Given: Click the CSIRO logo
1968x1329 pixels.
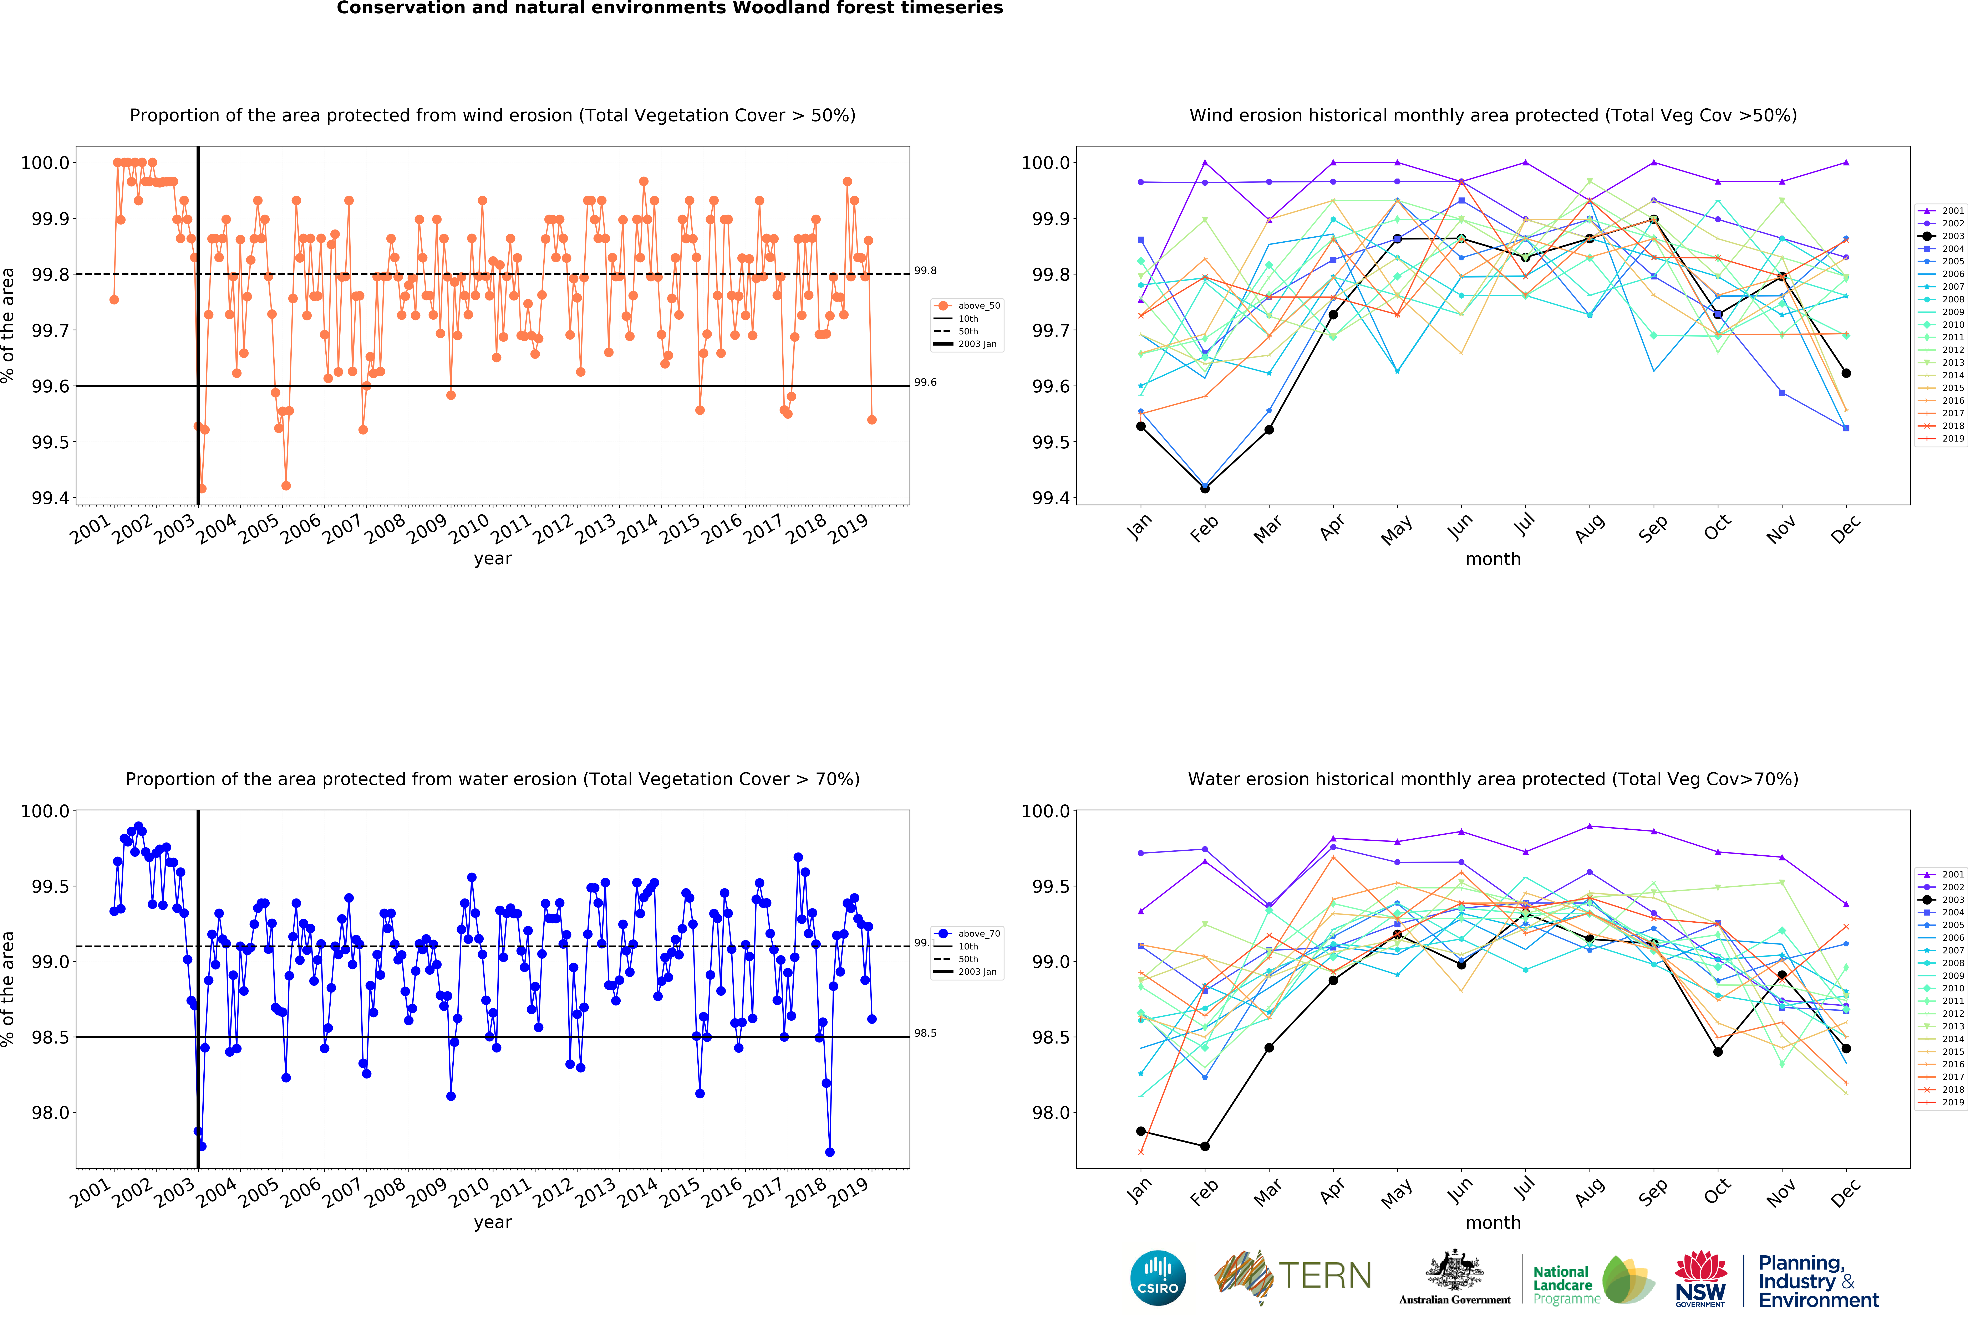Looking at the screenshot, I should coord(1158,1277).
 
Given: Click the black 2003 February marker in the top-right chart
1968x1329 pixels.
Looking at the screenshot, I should coord(1205,488).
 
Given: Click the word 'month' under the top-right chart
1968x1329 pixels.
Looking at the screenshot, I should coord(1493,560).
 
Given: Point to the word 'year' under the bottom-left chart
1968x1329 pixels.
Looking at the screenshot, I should coord(493,1222).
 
